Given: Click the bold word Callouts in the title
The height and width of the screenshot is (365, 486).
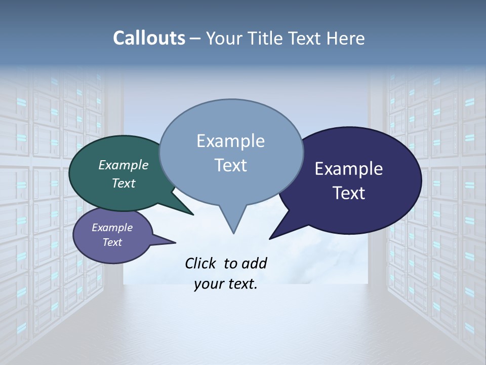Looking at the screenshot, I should coord(149,38).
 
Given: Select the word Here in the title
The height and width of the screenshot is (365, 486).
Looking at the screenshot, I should coord(345,38).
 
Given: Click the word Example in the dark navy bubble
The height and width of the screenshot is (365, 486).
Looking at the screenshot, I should coord(349,169).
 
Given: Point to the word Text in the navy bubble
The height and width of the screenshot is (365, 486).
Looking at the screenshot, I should coord(349,193).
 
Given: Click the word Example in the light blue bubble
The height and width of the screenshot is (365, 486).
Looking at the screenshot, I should coord(230,141).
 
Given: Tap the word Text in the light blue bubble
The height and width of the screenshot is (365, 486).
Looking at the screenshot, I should coord(230,165).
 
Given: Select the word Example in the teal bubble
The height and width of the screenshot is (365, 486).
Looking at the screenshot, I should coord(123,165).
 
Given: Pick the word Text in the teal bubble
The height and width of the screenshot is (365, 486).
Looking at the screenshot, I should coord(123,183).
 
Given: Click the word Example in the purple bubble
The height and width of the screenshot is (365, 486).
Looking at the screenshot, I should coord(112,228).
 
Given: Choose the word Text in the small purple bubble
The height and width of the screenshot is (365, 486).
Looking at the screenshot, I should coord(112,242).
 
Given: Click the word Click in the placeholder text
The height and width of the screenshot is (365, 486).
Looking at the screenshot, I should coord(201,263).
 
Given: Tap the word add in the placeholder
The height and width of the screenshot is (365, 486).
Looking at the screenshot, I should coord(254,263).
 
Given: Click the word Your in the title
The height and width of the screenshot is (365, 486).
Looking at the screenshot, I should coord(223,38).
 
